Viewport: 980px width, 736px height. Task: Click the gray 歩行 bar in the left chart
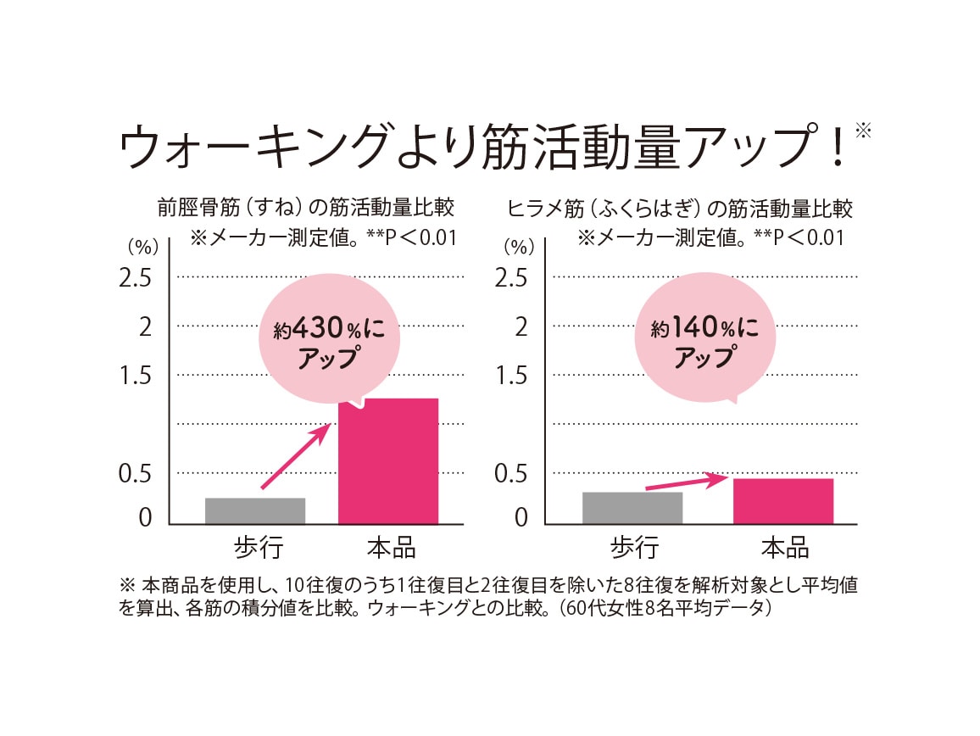[x=255, y=510]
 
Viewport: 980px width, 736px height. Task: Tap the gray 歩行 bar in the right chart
[x=632, y=508]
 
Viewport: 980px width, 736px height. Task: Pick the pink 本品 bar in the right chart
[x=783, y=501]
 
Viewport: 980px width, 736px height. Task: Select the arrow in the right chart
[x=688, y=482]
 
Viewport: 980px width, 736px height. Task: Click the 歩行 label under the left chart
[x=255, y=547]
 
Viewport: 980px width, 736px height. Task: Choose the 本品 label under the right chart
[x=784, y=547]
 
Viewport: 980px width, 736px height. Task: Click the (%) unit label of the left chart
[x=142, y=248]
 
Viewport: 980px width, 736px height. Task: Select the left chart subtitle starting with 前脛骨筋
[x=306, y=208]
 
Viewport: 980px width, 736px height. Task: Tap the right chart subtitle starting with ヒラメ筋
[x=680, y=208]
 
